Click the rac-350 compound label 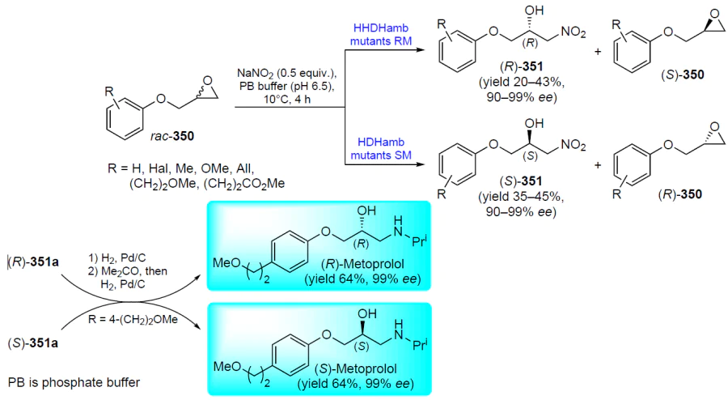click(171, 136)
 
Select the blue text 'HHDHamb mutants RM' click(381, 35)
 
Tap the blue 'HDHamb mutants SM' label click(381, 149)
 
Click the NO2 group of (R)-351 click(574, 32)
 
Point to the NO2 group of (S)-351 click(574, 146)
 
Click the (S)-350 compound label click(683, 74)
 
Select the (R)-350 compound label click(680, 194)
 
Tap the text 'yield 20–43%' click(522, 83)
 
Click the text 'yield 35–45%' click(521, 198)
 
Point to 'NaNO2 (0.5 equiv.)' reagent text click(286, 74)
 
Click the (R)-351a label click(33, 262)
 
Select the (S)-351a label click(33, 344)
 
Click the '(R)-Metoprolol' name click(362, 264)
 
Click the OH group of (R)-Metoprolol click(366, 211)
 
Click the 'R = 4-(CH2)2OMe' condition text click(133, 320)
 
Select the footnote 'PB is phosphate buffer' click(74, 383)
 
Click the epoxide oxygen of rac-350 click(208, 80)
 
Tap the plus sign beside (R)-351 click(598, 51)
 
